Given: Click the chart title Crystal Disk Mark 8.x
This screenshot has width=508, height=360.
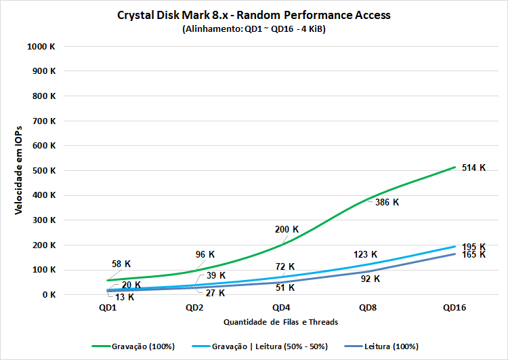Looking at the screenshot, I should coord(254,16).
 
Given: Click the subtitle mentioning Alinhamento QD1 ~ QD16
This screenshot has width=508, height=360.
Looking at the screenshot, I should coord(254,29).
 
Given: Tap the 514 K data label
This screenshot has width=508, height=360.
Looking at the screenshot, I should coord(473,167).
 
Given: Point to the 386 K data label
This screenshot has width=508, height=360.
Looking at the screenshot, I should coord(387,202).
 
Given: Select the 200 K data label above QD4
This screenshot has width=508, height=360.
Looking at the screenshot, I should coord(287,230).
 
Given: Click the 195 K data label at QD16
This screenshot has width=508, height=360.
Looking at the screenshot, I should coord(473,247).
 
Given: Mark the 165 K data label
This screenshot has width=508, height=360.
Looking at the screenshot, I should coord(473,255).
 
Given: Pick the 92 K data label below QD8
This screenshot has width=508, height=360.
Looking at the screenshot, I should coord(369,279).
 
